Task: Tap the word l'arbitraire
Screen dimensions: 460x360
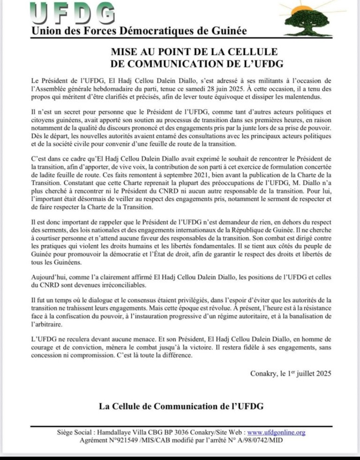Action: [x=47, y=324]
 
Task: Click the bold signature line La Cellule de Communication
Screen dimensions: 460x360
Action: [x=181, y=406]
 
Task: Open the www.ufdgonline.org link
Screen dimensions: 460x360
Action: [x=276, y=432]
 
